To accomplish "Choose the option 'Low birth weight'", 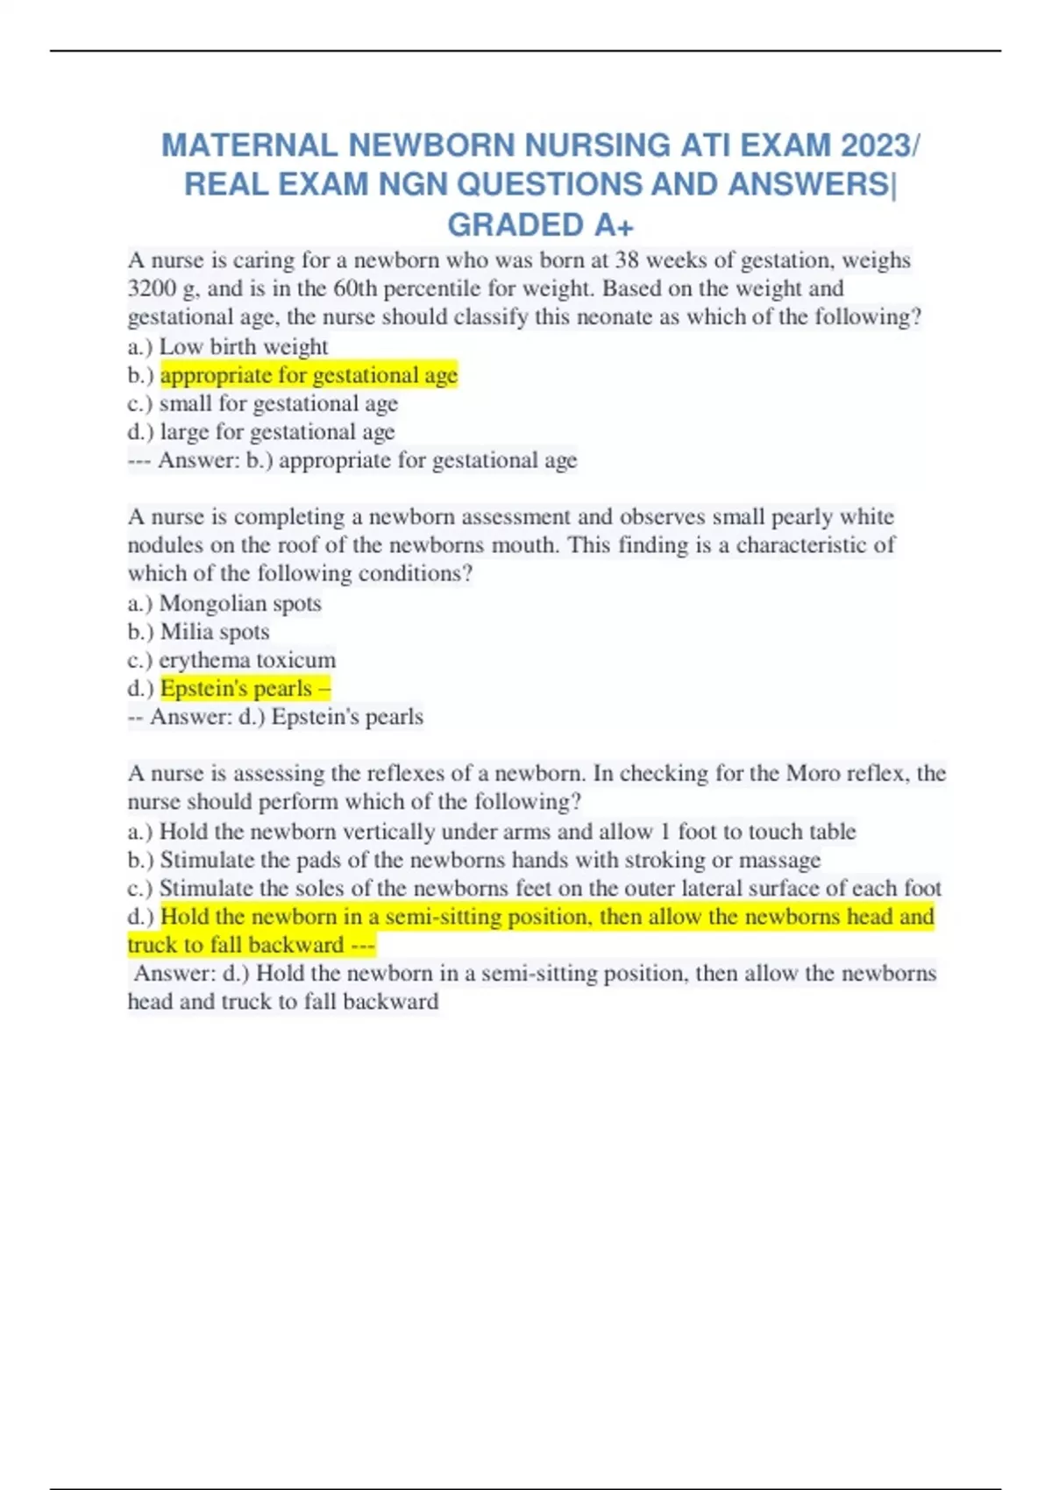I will point(244,346).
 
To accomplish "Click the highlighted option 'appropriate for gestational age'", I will point(309,375).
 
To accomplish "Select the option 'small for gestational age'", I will point(279,403).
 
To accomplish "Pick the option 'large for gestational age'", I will point(277,432).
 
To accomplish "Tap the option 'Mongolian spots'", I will point(240,603).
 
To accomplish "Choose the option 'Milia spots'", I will point(215,631).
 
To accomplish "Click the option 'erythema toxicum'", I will point(247,660).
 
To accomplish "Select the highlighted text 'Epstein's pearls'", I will point(237,688).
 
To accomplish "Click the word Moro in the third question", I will point(813,773).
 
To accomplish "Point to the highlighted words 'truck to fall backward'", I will point(236,945).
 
